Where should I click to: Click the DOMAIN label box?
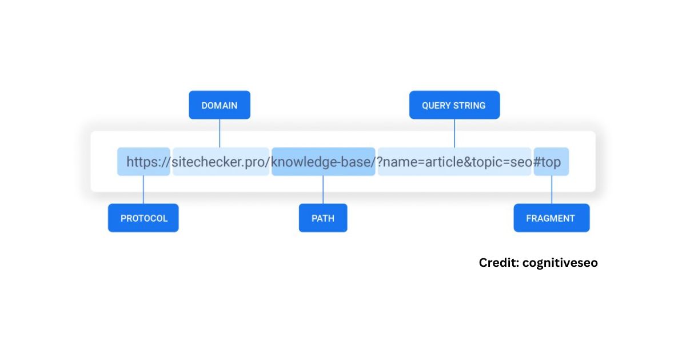click(220, 105)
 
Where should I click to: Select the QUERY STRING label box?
click(454, 105)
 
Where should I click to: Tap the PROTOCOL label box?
click(143, 218)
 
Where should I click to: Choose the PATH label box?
click(323, 218)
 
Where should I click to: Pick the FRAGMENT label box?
click(552, 218)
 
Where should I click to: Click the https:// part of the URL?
click(148, 162)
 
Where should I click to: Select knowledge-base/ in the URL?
click(323, 162)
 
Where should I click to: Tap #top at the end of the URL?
click(547, 162)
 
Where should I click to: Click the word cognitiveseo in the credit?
click(560, 263)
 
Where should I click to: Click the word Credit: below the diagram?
click(499, 263)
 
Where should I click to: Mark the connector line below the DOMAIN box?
click(220, 134)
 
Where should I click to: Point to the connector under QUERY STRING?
click(454, 134)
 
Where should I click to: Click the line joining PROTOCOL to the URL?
click(143, 190)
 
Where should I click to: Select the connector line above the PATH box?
click(323, 190)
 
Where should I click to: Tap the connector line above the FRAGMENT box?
click(552, 190)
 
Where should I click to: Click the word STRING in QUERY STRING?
click(469, 106)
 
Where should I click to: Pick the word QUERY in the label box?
click(436, 106)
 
